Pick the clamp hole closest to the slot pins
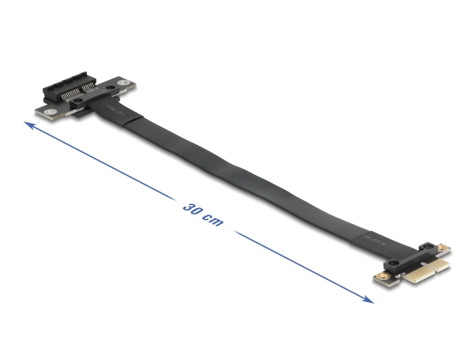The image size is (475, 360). coord(79,101)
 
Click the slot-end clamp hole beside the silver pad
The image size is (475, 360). coord(109,88)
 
